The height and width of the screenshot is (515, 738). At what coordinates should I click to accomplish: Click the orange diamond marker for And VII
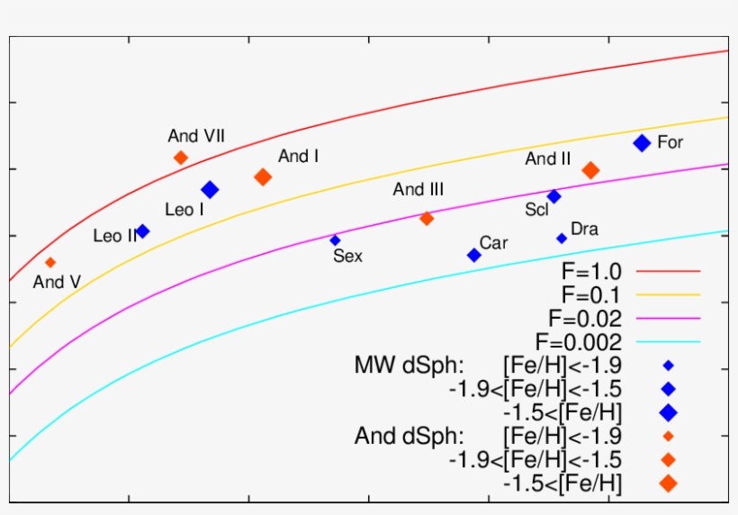tap(181, 158)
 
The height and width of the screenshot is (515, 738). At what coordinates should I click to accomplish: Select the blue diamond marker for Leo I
tap(210, 189)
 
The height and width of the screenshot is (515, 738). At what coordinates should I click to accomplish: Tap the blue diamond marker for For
tap(642, 142)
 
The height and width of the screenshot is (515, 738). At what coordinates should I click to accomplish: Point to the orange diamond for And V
tap(50, 262)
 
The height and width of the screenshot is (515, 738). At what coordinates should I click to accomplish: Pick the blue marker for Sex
tap(335, 240)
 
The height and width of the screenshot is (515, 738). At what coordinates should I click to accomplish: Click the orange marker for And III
tap(427, 218)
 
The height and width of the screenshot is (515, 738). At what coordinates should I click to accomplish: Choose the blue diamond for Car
tap(474, 255)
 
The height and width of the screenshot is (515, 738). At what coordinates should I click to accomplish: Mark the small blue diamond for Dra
tap(562, 239)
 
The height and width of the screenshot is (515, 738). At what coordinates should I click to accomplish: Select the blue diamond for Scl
tap(554, 196)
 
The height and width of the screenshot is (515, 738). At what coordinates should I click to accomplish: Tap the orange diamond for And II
tap(590, 170)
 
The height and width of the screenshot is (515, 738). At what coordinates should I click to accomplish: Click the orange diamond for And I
tap(263, 176)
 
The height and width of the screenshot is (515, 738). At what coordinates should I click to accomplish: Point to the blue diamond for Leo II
tap(142, 231)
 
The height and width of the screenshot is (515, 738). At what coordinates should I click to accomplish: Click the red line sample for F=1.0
tap(668, 270)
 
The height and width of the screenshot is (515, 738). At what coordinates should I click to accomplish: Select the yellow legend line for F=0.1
tap(668, 294)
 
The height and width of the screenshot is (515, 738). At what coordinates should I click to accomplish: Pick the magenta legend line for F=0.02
tap(668, 319)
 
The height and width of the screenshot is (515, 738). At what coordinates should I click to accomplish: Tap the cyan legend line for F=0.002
tap(668, 342)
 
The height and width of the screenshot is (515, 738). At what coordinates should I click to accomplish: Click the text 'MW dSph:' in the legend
tap(409, 366)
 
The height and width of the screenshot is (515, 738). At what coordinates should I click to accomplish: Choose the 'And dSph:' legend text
tap(409, 437)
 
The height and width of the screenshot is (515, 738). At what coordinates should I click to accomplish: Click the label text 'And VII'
tap(196, 136)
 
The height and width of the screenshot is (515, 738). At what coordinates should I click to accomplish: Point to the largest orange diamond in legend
tap(668, 483)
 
